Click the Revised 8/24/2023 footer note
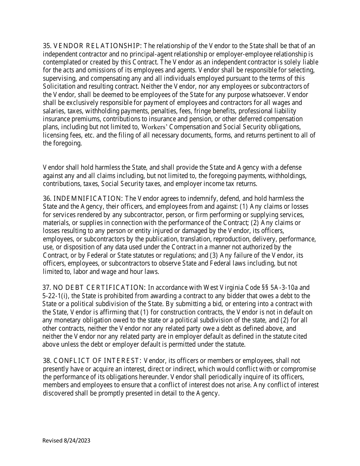coord(66,441)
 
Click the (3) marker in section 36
coord(224,255)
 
